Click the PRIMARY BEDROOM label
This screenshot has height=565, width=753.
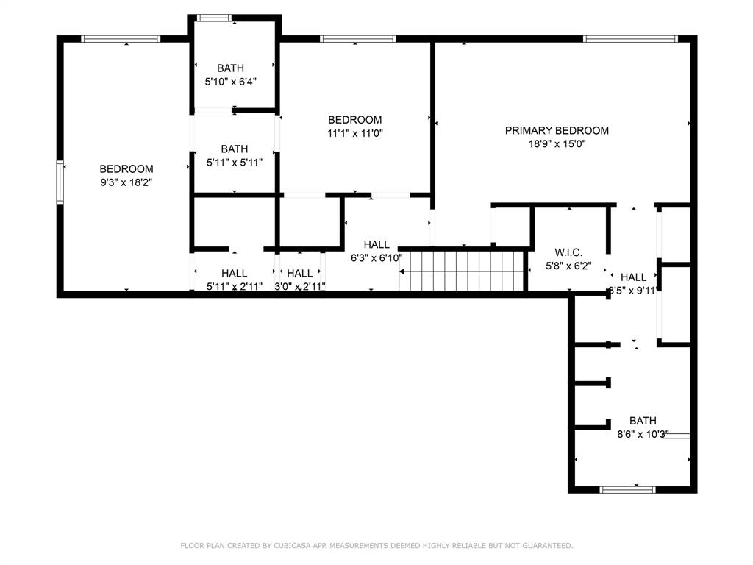(x=557, y=130)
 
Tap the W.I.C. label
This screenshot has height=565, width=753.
(x=568, y=252)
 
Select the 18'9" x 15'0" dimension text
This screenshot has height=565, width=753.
(x=557, y=143)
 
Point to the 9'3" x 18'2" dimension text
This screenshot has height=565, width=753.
(x=126, y=182)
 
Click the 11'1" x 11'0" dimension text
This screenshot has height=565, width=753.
(x=355, y=133)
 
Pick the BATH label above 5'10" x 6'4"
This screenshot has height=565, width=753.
(x=230, y=68)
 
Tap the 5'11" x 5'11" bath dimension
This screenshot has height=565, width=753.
(x=235, y=163)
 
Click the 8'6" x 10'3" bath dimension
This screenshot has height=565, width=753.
(x=643, y=434)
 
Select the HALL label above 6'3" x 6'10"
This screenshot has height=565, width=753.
(x=376, y=244)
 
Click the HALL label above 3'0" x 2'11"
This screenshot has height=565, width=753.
(x=300, y=274)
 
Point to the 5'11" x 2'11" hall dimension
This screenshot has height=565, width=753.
(x=235, y=287)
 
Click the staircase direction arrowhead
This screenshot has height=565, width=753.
(x=402, y=272)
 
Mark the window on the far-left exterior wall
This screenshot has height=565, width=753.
(x=60, y=182)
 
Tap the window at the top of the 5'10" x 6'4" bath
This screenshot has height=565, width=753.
(x=214, y=18)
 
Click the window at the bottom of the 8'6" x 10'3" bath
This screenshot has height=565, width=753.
(x=627, y=489)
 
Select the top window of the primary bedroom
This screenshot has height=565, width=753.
(x=630, y=39)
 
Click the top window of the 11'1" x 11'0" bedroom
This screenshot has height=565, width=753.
(x=358, y=39)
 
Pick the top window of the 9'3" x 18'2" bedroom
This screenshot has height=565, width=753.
(x=121, y=39)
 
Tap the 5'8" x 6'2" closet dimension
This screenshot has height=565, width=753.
(x=568, y=266)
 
